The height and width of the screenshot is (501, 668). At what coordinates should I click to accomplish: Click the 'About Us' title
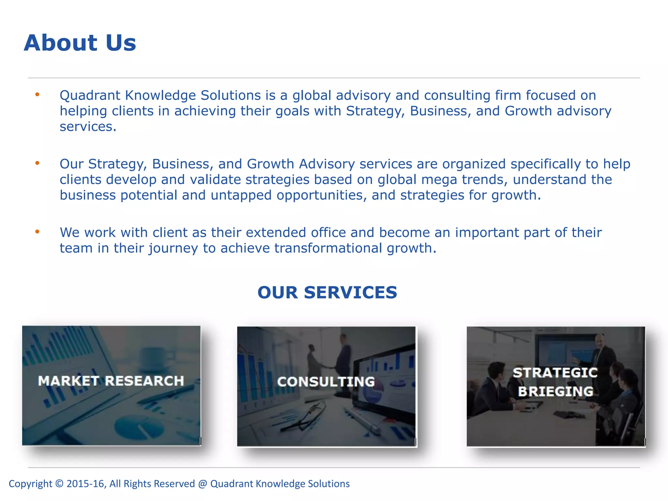pos(80,43)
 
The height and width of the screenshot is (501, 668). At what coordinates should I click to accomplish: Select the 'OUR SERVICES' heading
pos(327,292)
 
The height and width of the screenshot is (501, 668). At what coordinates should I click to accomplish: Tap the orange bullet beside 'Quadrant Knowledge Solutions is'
pos(38,95)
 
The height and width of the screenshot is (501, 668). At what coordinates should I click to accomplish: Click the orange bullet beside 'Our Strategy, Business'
pos(38,163)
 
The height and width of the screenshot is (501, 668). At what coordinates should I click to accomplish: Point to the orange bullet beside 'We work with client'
pos(38,232)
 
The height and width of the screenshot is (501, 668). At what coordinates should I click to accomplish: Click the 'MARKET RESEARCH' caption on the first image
pos(111,381)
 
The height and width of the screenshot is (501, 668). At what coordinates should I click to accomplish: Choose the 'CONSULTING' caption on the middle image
pos(326,382)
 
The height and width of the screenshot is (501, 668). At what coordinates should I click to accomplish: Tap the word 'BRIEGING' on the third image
pos(555,391)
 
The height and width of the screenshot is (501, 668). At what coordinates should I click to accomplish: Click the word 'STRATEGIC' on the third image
pos(555,373)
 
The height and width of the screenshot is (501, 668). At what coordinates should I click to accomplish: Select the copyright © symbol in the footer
pos(59,484)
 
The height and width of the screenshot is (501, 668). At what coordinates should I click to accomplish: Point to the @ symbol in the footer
pos(203,484)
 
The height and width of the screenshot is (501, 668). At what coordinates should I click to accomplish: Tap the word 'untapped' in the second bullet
pos(241,195)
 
